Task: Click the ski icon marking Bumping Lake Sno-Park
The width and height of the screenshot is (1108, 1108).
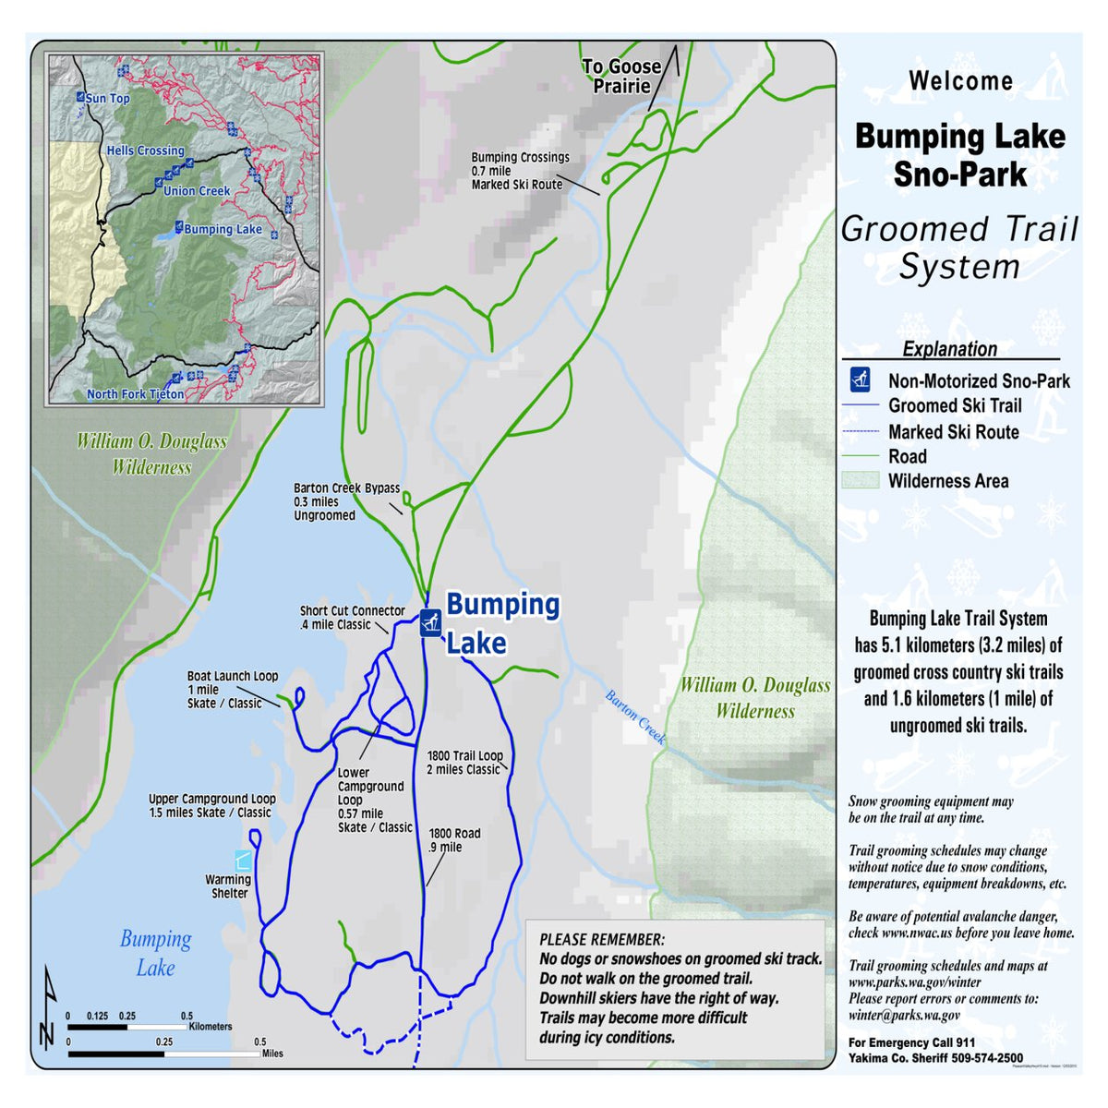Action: click(429, 622)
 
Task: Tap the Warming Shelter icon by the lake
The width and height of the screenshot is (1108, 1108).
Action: click(243, 861)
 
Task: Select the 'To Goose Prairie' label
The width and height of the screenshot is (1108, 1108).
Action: click(621, 77)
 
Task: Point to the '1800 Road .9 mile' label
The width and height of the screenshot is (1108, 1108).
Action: click(454, 839)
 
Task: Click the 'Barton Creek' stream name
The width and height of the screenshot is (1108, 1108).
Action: click(635, 717)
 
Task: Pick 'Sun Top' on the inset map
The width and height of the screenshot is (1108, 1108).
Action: click(108, 99)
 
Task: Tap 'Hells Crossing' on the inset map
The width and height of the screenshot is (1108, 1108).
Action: click(145, 151)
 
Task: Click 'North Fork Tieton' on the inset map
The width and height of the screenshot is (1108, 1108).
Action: click(135, 394)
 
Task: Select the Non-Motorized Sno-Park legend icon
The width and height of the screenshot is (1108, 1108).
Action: click(861, 379)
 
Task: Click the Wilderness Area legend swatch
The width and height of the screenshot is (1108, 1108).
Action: click(860, 480)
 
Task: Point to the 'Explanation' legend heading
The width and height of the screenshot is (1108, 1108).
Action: click(949, 349)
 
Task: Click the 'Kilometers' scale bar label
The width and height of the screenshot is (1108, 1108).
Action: click(210, 1026)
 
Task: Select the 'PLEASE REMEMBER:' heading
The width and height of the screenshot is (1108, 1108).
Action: click(601, 939)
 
